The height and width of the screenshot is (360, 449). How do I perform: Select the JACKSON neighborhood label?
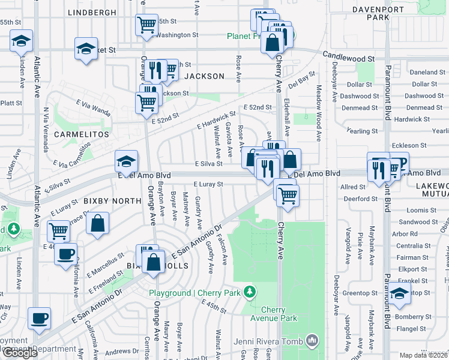click(204, 76)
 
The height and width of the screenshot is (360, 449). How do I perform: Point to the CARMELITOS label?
click(81, 134)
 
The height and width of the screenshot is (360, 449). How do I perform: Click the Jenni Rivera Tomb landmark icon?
click(312, 341)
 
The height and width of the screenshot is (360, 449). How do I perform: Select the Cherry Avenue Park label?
click(280, 314)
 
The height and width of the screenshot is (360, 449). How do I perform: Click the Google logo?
click(20, 353)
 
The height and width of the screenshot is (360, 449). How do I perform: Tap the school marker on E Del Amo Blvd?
click(126, 161)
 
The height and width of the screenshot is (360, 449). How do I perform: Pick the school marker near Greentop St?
click(399, 294)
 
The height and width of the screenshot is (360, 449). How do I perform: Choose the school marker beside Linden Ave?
click(22, 42)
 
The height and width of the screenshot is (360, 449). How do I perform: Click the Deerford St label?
click(359, 199)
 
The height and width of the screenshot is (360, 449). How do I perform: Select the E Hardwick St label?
click(216, 122)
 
